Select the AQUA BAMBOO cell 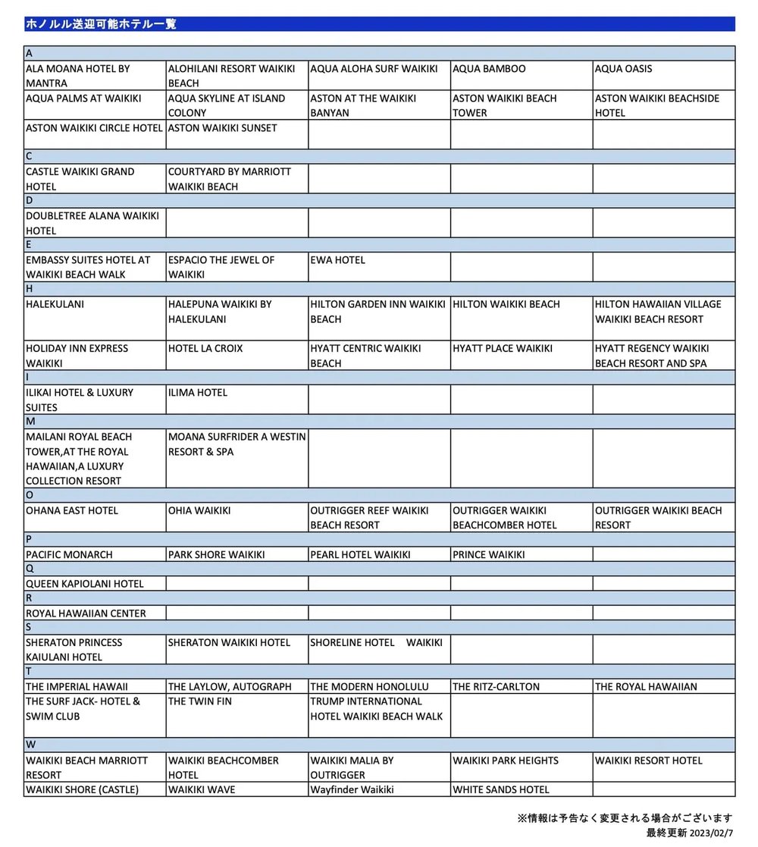489,69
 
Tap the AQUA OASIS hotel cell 623,69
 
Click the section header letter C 29,157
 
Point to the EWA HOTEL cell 337,260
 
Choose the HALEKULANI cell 55,304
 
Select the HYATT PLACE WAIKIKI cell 503,349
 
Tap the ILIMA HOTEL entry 197,393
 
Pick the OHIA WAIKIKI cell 199,510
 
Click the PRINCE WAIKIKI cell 488,555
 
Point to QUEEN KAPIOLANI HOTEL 84,584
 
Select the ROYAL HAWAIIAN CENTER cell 86,613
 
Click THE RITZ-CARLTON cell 496,687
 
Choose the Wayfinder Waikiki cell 352,789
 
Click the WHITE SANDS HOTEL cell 500,789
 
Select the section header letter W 30,745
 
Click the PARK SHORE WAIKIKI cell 216,555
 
